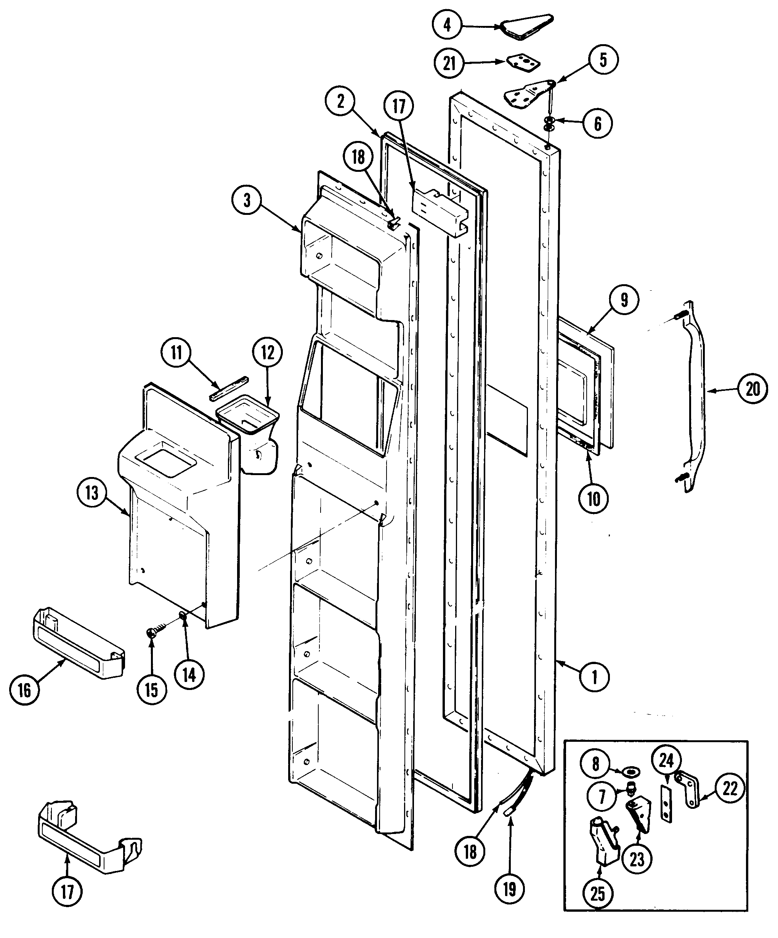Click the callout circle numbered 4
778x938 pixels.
click(x=447, y=25)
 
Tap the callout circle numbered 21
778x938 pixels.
click(x=449, y=62)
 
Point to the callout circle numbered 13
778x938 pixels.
click(x=91, y=493)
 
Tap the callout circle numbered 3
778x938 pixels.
click(x=247, y=200)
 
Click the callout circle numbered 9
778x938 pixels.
click(x=624, y=300)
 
